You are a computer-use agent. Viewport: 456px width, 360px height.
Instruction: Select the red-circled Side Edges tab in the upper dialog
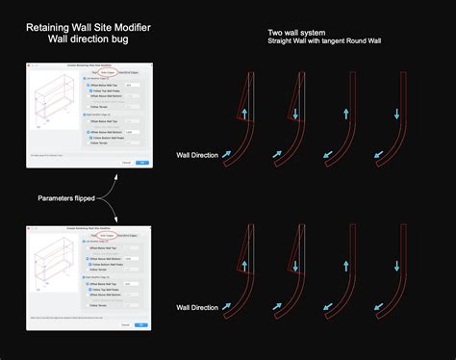pyautogui.click(x=109, y=70)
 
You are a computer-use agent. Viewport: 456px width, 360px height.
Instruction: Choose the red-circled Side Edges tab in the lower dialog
pyautogui.click(x=109, y=234)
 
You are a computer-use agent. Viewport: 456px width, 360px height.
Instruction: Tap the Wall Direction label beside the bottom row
pyautogui.click(x=198, y=306)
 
